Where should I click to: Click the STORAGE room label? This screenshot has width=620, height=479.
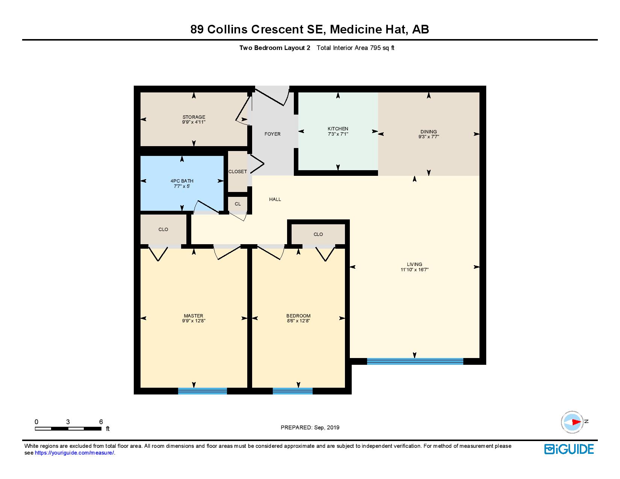[x=194, y=117]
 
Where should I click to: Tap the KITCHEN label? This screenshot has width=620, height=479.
[x=338, y=129]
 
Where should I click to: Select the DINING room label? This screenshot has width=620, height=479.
[x=428, y=132]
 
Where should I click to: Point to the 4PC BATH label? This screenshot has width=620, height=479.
[x=182, y=181]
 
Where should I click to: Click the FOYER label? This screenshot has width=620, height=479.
[x=272, y=134]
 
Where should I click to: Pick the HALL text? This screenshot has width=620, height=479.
[x=275, y=199]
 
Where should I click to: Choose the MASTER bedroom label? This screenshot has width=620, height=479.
[x=194, y=316]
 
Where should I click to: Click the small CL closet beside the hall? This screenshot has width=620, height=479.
[x=238, y=204]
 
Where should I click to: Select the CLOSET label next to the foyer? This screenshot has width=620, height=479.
[x=237, y=172]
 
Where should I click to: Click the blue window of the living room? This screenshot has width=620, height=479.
[x=415, y=361]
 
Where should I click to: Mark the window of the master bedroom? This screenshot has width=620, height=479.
[x=202, y=391]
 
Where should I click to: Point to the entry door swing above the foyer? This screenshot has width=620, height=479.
[x=274, y=95]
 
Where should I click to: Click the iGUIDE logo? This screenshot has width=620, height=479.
[x=569, y=449]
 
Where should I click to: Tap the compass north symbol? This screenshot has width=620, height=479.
[x=573, y=422]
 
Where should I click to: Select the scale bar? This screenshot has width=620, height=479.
[x=68, y=428]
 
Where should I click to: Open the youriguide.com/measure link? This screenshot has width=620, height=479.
[x=75, y=453]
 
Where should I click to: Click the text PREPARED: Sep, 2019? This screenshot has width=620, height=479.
[x=310, y=428]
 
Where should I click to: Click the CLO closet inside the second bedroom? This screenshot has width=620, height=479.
[x=318, y=234]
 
